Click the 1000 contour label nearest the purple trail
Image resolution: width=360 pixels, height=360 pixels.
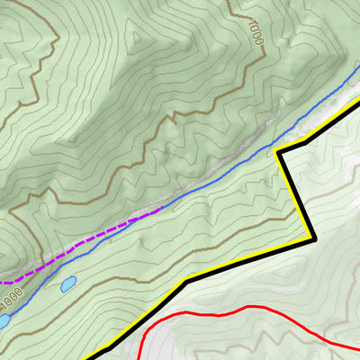(x=11, y=293)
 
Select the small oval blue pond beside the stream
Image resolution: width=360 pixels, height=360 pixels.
(x=67, y=284)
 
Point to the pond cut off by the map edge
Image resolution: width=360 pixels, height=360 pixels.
(x=4, y=319)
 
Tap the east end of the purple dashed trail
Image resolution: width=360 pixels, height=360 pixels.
(x=162, y=209)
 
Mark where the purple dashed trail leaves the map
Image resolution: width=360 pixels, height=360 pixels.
(x=1, y=283)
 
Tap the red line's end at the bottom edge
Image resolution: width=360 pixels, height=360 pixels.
(x=139, y=358)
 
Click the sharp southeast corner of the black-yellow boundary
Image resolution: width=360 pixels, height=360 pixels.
(x=313, y=239)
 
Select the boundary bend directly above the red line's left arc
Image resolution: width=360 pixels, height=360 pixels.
(x=185, y=282)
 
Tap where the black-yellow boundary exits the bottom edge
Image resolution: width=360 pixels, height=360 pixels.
(x=101, y=358)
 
